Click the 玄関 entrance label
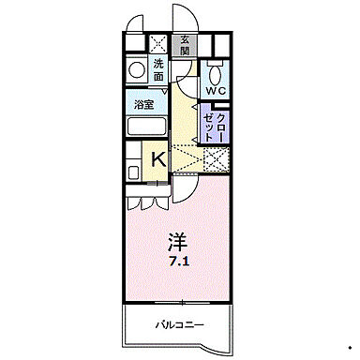[x=186, y=44]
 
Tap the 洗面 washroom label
[x=158, y=68]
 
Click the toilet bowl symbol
[x=215, y=72]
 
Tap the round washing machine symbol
[x=137, y=67]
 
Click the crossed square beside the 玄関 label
[x=158, y=42]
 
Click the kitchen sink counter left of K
[x=134, y=160]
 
